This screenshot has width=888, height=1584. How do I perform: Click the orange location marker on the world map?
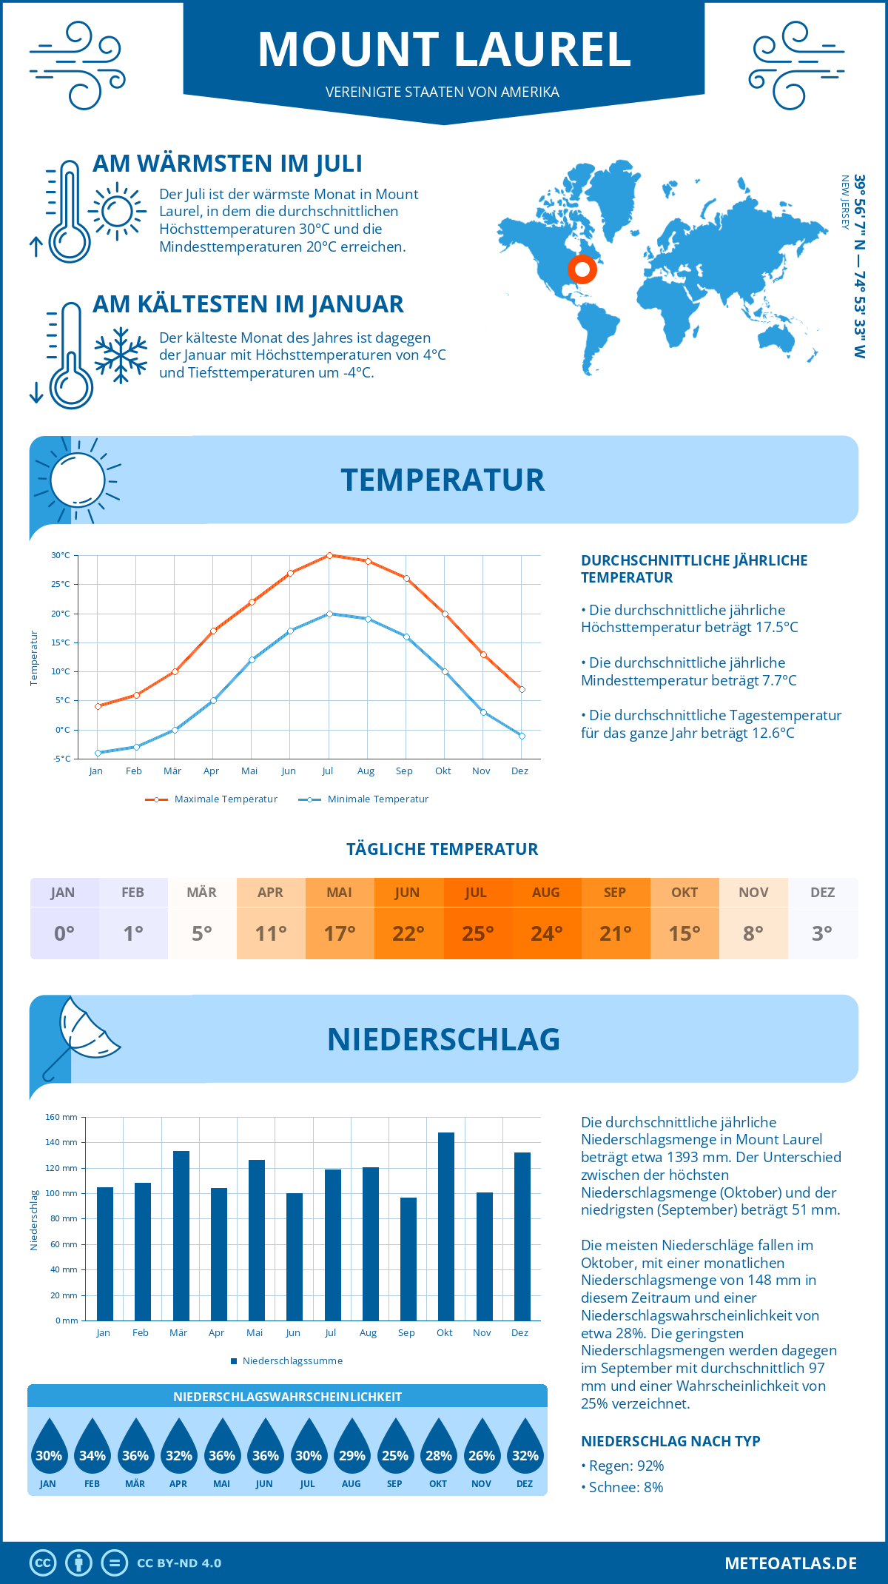point(582,269)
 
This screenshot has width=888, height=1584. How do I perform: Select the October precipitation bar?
point(445,1226)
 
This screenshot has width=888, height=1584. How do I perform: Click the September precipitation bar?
point(408,1259)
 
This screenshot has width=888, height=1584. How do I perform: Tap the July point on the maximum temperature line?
point(329,555)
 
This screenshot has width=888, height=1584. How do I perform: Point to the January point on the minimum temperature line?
point(98,753)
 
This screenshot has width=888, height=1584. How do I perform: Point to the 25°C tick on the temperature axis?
point(61,584)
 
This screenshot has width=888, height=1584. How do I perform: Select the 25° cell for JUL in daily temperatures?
point(477,933)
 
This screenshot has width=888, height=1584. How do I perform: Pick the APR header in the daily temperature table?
point(270,893)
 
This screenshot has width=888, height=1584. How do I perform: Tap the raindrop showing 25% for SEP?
point(394,1446)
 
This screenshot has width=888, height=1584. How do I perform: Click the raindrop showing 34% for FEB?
point(92,1446)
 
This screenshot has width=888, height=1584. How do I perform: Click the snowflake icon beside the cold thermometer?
point(121,355)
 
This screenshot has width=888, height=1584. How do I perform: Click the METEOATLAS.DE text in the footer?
point(790,1563)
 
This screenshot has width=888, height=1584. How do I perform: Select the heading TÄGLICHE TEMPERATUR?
point(443,850)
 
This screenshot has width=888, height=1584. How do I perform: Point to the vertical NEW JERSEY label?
point(844,202)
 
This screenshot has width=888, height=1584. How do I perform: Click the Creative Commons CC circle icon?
point(43,1563)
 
